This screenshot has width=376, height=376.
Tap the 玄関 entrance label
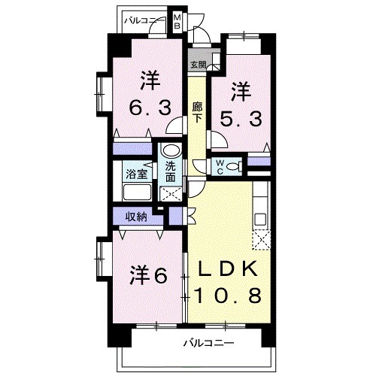click(197, 65)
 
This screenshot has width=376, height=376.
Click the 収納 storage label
click(135, 218)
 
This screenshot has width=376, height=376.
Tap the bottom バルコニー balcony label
click(208, 343)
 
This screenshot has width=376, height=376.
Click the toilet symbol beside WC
click(236, 165)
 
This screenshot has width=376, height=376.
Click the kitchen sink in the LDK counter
click(259, 219)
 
